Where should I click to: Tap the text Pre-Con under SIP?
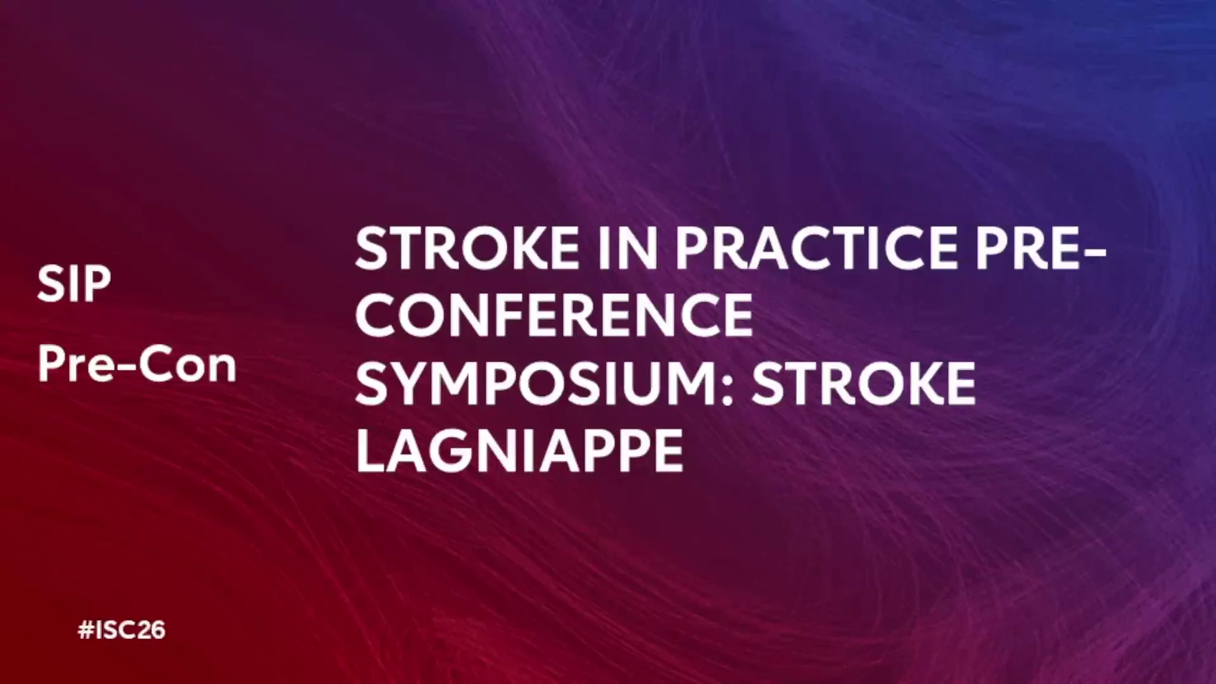click(x=137, y=364)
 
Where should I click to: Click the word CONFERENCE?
click(x=554, y=315)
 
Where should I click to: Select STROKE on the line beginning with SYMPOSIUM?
click(x=864, y=384)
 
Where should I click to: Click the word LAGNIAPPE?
click(x=520, y=451)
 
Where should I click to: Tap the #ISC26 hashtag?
click(x=122, y=630)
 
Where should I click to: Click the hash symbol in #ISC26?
click(x=85, y=630)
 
